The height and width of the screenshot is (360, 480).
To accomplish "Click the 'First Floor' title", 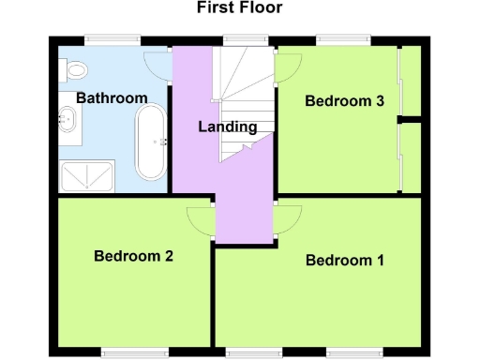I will [239, 8].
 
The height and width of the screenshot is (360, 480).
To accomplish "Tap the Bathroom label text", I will [112, 98].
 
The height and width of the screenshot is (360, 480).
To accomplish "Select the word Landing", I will [228, 127].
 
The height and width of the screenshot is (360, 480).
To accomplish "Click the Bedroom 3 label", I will [345, 103].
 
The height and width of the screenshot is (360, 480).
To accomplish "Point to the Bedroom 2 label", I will [133, 255].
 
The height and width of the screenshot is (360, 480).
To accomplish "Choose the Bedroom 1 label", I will [345, 261].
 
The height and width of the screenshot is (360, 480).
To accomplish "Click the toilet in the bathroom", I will [75, 67].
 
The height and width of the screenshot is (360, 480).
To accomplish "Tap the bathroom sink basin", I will [68, 119].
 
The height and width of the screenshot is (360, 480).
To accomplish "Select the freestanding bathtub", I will [150, 142].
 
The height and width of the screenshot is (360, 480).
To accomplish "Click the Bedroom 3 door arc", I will [286, 66].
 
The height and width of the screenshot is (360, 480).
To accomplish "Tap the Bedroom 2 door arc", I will [200, 218].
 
